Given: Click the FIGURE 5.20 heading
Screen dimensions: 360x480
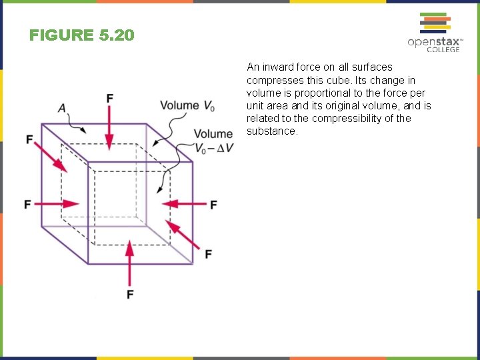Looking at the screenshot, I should tap(82, 35).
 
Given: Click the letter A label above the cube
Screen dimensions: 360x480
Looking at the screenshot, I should tap(62, 108).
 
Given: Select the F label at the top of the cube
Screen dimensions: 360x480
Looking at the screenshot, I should tap(109, 99).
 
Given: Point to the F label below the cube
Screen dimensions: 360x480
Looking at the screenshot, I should tap(130, 294).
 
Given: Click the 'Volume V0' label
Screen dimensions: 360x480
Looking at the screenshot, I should tap(187, 105).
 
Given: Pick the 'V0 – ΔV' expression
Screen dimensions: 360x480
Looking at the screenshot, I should tap(214, 148).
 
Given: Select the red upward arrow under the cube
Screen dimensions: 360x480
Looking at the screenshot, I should tap(130, 263).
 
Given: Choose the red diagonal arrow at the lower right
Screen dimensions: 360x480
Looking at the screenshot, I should tap(183, 236).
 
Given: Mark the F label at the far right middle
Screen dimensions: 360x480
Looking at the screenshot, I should tap(213, 205).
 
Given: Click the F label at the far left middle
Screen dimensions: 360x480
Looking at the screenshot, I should tap(28, 203).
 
